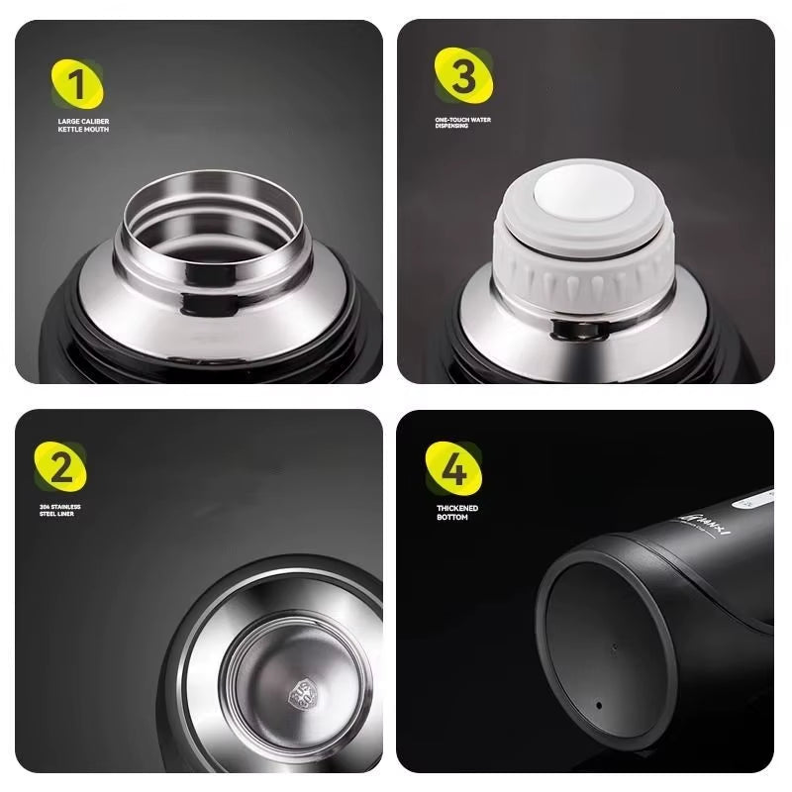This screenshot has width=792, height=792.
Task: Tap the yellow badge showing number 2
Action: click(x=60, y=467)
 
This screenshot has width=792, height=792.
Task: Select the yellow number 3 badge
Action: click(x=462, y=75)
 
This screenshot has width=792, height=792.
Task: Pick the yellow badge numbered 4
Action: click(x=452, y=468)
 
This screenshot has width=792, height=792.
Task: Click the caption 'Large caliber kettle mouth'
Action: click(x=83, y=125)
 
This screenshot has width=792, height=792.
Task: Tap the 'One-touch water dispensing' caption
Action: click(x=462, y=123)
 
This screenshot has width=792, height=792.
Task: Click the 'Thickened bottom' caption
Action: click(x=456, y=512)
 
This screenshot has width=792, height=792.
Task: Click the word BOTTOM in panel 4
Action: click(x=451, y=517)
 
